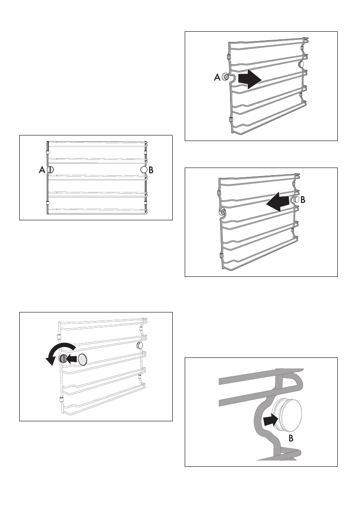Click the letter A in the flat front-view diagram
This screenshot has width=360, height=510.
(42, 170)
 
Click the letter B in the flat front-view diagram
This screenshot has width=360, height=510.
(151, 170)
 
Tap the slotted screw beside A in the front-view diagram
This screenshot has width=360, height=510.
(50, 170)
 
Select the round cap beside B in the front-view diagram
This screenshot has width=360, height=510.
(144, 170)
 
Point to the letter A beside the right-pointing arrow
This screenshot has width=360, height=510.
(217, 78)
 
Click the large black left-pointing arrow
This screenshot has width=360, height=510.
(278, 201)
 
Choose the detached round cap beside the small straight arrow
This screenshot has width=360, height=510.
(83, 359)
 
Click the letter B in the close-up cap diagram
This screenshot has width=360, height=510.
(291, 439)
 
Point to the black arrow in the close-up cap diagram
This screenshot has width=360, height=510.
(269, 419)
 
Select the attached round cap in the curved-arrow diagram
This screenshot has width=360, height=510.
(140, 345)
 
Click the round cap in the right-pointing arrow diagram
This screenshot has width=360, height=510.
(301, 64)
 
